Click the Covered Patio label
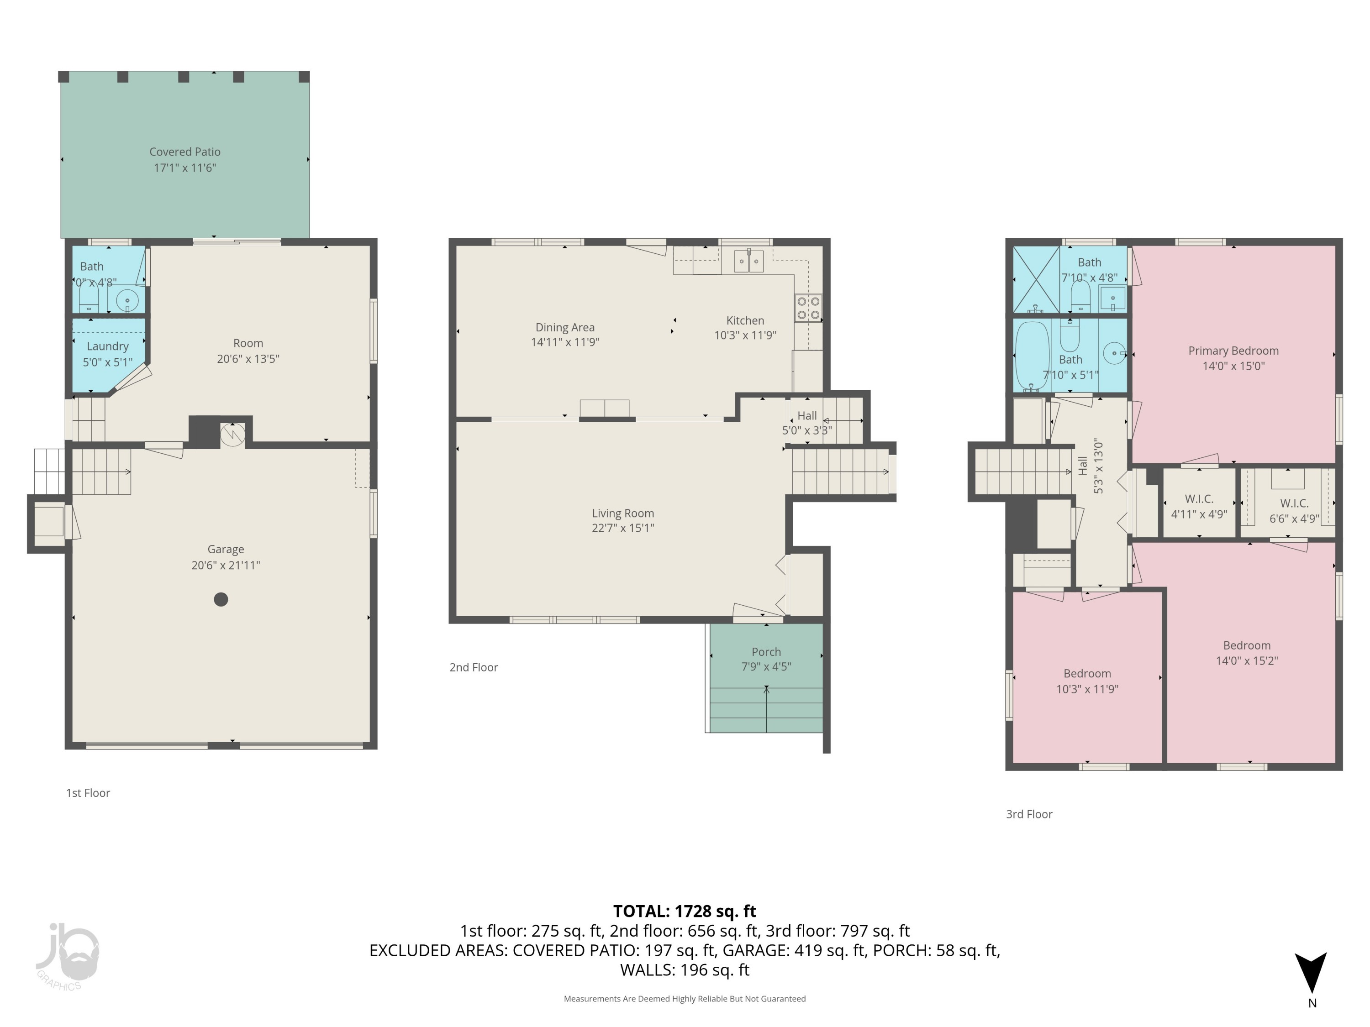pyautogui.click(x=184, y=152)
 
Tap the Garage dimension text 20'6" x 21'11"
pyautogui.click(x=226, y=565)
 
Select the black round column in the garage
pyautogui.click(x=221, y=599)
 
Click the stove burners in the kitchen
pyautogui.click(x=808, y=308)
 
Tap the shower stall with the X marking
pyautogui.click(x=1036, y=279)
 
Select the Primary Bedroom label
pyautogui.click(x=1233, y=351)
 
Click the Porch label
pyautogui.click(x=766, y=652)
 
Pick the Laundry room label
pyautogui.click(x=108, y=346)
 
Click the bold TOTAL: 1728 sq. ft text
pyautogui.click(x=685, y=911)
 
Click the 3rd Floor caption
pyautogui.click(x=1029, y=814)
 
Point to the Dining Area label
pyautogui.click(x=565, y=327)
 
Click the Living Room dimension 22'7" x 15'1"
pyautogui.click(x=622, y=528)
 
